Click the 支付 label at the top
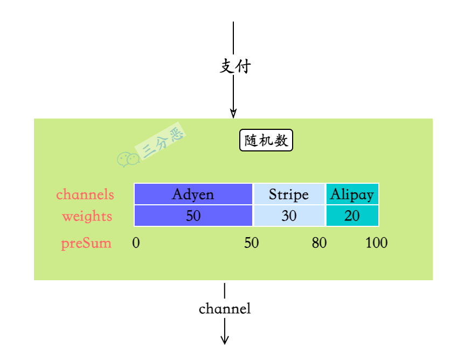pyautogui.click(x=235, y=66)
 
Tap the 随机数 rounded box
pyautogui.click(x=266, y=141)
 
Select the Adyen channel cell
pyautogui.click(x=193, y=194)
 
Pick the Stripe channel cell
pyautogui.click(x=289, y=194)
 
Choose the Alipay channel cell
pyautogui.click(x=352, y=194)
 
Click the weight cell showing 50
pyautogui.click(x=193, y=216)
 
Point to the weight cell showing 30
pyautogui.click(x=289, y=216)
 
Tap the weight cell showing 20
pyautogui.click(x=352, y=216)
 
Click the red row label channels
pyautogui.click(x=85, y=194)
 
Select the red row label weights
pyautogui.click(x=87, y=216)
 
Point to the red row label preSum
pyautogui.click(x=86, y=243)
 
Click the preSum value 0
pyautogui.click(x=136, y=243)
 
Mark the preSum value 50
pyautogui.click(x=251, y=243)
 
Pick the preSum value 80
pyautogui.click(x=319, y=243)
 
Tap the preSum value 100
pyautogui.click(x=376, y=243)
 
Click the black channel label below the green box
pyautogui.click(x=225, y=309)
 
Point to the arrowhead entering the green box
pyautogui.click(x=233, y=113)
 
